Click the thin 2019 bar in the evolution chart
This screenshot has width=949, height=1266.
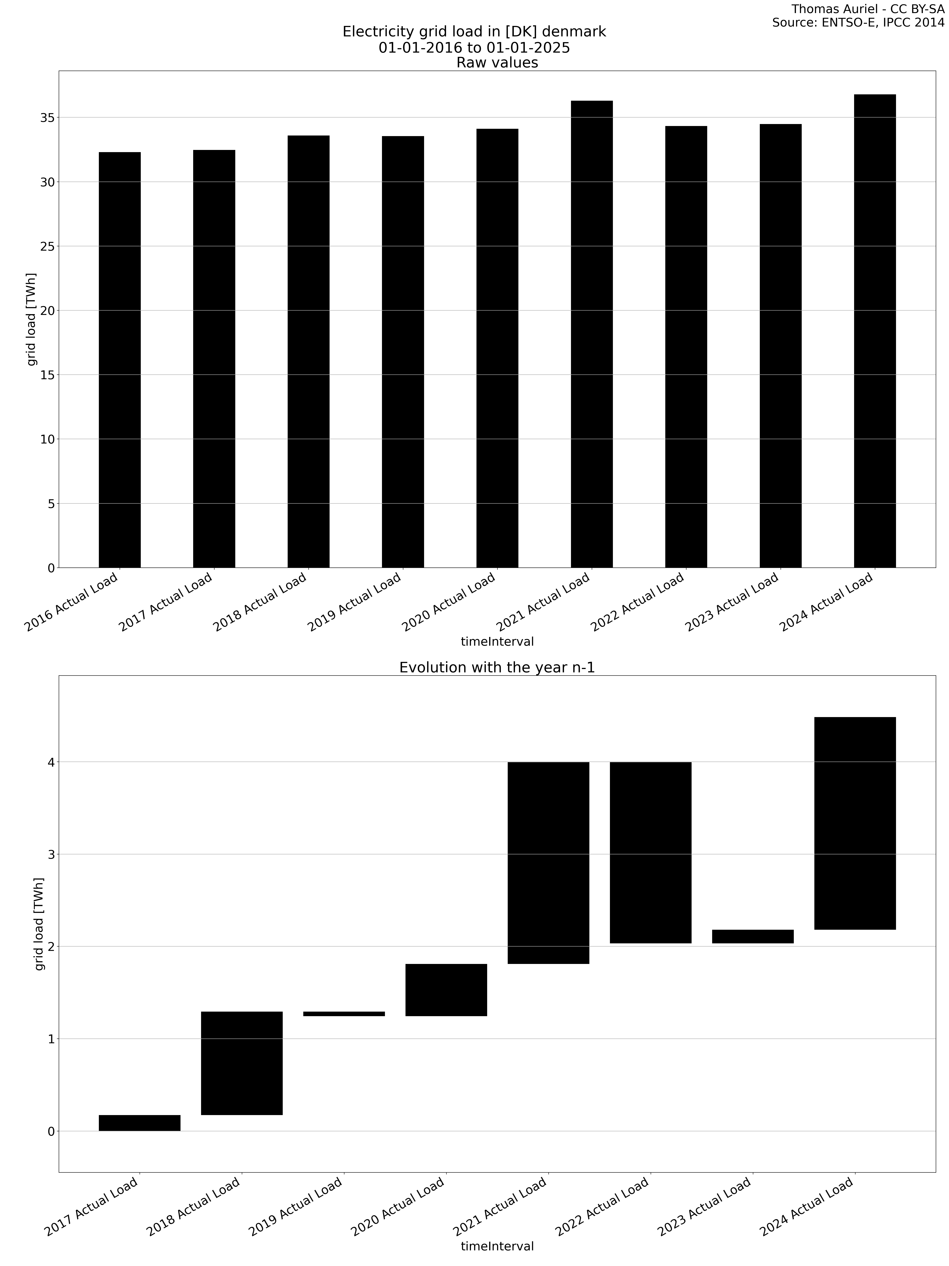pyautogui.click(x=344, y=1014)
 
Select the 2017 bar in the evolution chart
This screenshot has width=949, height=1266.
pyautogui.click(x=140, y=1122)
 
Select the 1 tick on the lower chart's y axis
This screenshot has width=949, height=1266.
pyautogui.click(x=50, y=1039)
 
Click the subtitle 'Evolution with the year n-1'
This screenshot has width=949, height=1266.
pyautogui.click(x=496, y=667)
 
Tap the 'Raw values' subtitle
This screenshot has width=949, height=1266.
pyautogui.click(x=496, y=62)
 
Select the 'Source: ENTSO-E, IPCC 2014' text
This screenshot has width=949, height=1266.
pyautogui.click(x=858, y=23)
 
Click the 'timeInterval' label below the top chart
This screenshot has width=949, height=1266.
pyautogui.click(x=496, y=642)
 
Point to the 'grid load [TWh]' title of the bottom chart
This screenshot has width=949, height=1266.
pyautogui.click(x=39, y=924)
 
